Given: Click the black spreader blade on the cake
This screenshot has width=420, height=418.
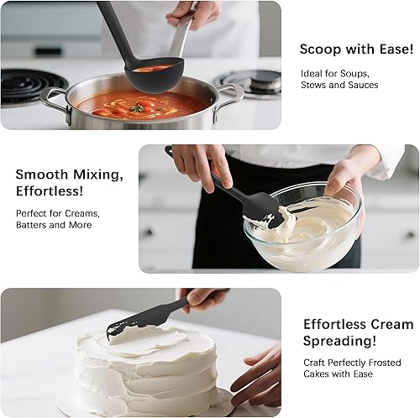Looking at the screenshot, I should click(143, 321).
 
